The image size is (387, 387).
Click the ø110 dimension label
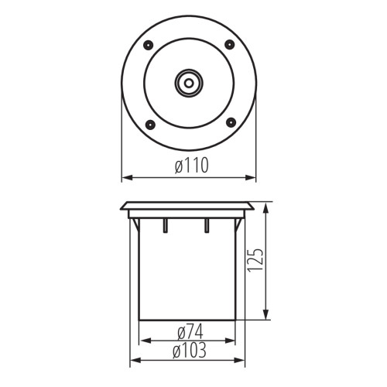(x=190, y=166)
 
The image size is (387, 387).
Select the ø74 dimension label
(x=190, y=332)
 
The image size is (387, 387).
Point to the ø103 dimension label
(x=190, y=351)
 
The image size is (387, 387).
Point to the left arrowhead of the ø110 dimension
(x=126, y=178)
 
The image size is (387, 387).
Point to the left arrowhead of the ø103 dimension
(x=131, y=360)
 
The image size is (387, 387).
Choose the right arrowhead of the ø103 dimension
(x=245, y=360)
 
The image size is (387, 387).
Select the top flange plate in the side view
(x=188, y=207)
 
